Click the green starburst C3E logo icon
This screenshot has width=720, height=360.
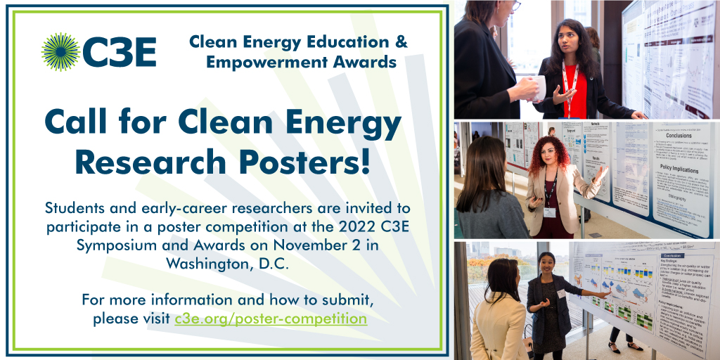(60, 52)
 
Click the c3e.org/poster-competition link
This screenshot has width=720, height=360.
(271, 319)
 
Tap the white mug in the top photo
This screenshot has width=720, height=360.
(539, 89)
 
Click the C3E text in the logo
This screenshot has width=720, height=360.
(119, 53)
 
